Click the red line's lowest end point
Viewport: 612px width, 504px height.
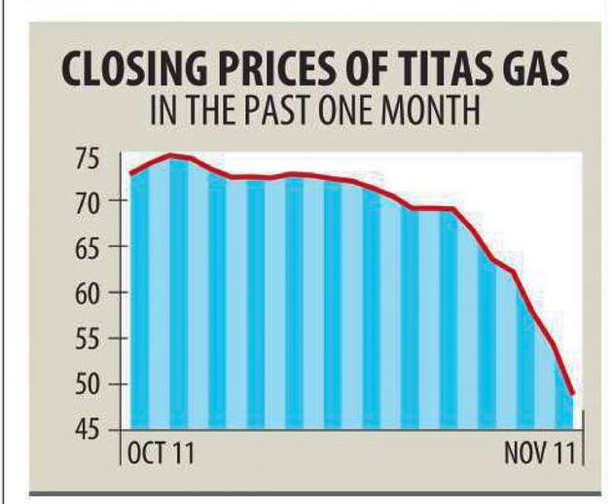tap(573, 394)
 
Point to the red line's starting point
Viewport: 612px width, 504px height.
tap(130, 174)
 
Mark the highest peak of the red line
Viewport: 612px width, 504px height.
tap(171, 155)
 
